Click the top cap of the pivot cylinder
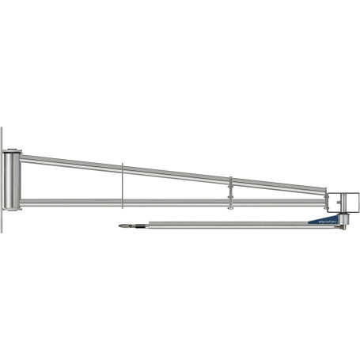pyautogui.click(x=13, y=152)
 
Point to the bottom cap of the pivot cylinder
pyautogui.click(x=13, y=209)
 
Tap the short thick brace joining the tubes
pyautogui.click(x=230, y=190)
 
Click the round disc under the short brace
pyautogui.click(x=230, y=209)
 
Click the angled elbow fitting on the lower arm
pyautogui.click(x=343, y=229)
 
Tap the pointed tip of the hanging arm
pyautogui.click(x=119, y=227)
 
